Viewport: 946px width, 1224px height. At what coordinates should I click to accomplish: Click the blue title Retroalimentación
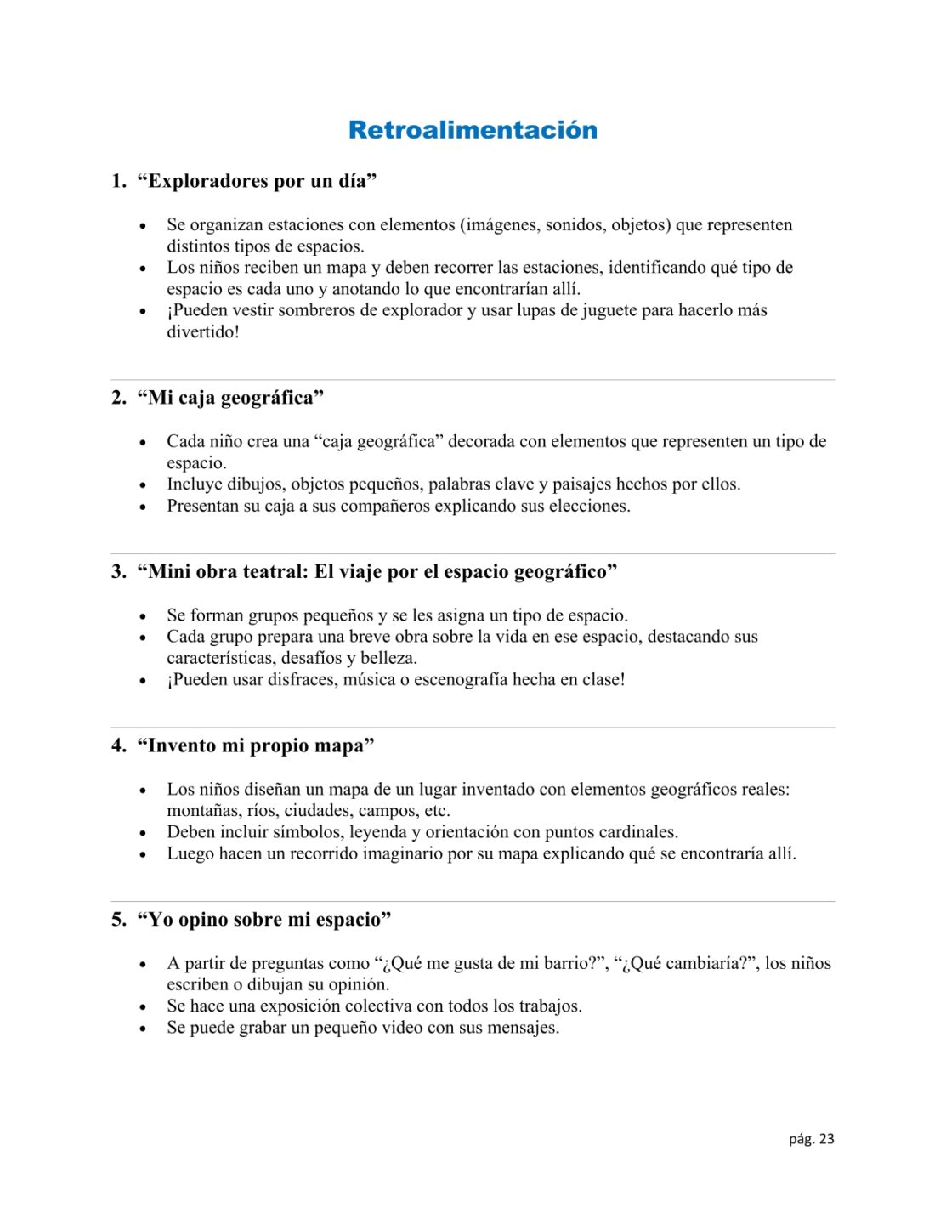(473, 130)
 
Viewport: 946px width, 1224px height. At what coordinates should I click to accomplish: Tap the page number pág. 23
(811, 1139)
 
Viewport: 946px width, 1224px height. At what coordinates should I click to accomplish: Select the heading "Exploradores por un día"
(257, 181)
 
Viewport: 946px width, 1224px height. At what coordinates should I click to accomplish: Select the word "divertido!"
(203, 331)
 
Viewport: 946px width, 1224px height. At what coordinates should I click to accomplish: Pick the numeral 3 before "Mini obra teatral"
(118, 571)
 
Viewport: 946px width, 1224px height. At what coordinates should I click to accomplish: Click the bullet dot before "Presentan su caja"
(143, 507)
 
